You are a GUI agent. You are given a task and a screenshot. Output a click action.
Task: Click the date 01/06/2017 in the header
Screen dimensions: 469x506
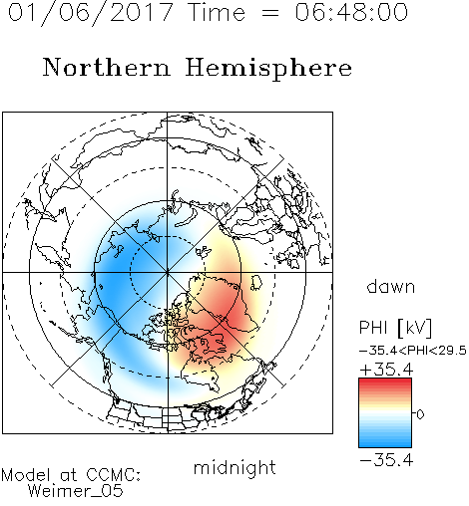click(x=91, y=13)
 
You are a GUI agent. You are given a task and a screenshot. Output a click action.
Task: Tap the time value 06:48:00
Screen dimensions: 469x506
click(x=351, y=12)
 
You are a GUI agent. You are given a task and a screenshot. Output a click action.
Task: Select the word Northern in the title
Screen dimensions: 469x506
click(x=107, y=67)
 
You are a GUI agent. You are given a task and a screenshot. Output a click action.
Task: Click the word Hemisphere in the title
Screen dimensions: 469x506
click(x=268, y=69)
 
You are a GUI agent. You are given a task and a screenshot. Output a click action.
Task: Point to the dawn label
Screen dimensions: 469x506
click(x=391, y=286)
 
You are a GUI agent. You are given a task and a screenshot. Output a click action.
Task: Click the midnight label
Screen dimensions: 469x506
click(x=234, y=467)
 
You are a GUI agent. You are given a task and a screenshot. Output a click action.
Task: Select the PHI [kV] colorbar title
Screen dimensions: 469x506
click(x=395, y=328)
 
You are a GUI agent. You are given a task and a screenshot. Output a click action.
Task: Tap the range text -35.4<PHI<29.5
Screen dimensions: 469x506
click(x=413, y=351)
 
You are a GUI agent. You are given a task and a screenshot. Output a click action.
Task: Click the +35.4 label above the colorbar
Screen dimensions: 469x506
click(x=386, y=370)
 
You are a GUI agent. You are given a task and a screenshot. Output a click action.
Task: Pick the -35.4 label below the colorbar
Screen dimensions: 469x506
click(x=386, y=460)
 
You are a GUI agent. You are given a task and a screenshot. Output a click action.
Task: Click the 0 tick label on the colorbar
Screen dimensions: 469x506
click(x=420, y=414)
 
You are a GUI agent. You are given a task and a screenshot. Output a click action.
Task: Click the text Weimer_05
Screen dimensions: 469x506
click(x=76, y=491)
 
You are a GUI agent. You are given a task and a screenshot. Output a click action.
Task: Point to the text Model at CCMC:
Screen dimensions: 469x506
click(x=71, y=475)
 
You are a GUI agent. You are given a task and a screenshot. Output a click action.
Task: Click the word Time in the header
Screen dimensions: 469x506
click(x=217, y=12)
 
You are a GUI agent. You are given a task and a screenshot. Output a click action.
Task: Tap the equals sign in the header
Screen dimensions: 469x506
click(x=269, y=13)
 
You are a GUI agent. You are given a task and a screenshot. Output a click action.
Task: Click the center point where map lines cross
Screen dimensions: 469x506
click(x=168, y=272)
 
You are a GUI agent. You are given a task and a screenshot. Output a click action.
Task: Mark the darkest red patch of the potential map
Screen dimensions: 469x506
click(x=236, y=319)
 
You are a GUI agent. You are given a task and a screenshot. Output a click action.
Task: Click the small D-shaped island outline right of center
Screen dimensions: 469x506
click(x=256, y=282)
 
